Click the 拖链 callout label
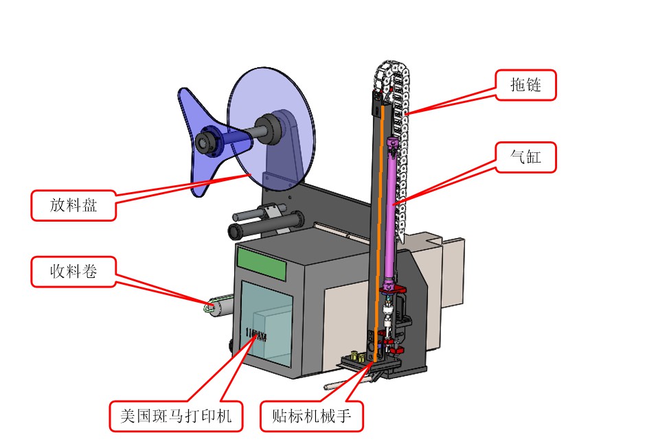pyautogui.click(x=525, y=85)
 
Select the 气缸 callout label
pyautogui.click(x=525, y=158)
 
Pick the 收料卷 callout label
pyautogui.click(x=73, y=272)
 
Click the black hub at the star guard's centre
pyautogui.click(x=205, y=142)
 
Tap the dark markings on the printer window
pyautogui.click(x=256, y=334)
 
